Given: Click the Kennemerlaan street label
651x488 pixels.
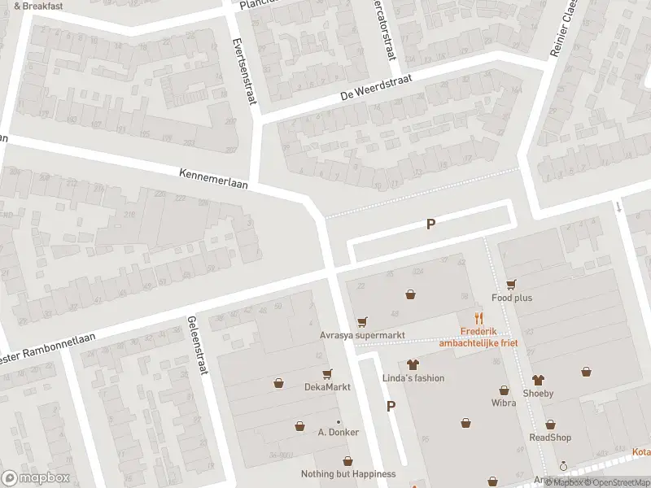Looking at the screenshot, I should pos(213,178).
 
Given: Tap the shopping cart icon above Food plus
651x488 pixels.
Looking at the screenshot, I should pos(511,284).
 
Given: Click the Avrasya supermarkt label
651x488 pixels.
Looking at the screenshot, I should pos(361,335).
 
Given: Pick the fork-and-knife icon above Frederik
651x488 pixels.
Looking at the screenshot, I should pos(479,318).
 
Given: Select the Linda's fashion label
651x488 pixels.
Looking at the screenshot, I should pos(413,378).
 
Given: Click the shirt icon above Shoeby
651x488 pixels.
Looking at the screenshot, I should pos(538,380).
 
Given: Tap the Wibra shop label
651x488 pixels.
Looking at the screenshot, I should pos(504,403).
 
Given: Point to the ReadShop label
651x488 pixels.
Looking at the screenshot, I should pos(550,438).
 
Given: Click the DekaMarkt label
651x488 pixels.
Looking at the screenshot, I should pos(327,387).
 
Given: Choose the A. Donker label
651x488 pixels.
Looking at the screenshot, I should pos(338,432).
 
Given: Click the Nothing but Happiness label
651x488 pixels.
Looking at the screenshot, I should pos(348,474).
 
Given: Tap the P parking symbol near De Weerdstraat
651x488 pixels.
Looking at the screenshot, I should pos(430,224).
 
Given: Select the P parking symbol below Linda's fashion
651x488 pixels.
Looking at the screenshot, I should pos(391,407).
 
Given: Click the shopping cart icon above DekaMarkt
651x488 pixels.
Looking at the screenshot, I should pos(327,374).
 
